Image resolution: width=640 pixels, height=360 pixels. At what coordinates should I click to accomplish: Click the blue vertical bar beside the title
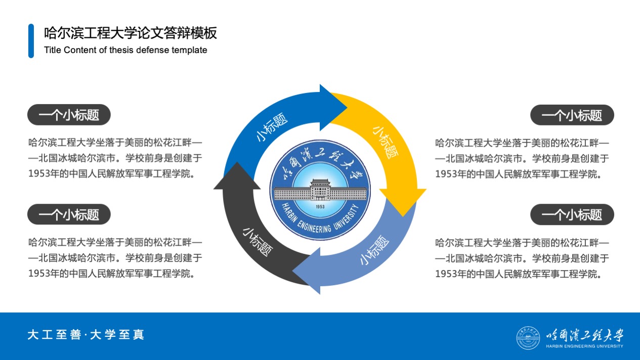click(x=31, y=41)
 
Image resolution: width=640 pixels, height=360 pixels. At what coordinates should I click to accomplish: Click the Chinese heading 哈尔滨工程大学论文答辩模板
click(x=131, y=33)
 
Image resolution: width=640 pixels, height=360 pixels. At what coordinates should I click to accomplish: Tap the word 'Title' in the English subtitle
click(x=53, y=50)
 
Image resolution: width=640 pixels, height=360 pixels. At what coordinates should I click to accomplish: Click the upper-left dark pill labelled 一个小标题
click(x=69, y=115)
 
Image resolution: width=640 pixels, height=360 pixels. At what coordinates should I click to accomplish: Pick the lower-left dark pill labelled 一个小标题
click(x=69, y=214)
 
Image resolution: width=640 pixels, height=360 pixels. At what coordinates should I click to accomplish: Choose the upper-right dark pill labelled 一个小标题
click(x=572, y=115)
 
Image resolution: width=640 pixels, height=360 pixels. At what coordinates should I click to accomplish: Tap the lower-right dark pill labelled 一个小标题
click(x=572, y=214)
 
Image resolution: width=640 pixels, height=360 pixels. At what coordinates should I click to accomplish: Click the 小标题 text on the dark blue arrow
click(x=271, y=127)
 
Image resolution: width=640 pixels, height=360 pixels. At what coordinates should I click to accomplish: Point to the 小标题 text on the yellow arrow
click(x=386, y=143)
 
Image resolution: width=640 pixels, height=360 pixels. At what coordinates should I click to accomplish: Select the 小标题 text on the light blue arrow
click(x=374, y=250)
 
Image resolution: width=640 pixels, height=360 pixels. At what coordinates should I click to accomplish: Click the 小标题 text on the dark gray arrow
click(x=258, y=242)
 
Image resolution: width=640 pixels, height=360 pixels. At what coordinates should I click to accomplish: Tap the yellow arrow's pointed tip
click(x=403, y=216)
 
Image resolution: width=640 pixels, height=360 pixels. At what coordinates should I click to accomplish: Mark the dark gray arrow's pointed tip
click(x=237, y=162)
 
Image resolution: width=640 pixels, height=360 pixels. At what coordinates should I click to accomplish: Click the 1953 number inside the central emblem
click(x=320, y=206)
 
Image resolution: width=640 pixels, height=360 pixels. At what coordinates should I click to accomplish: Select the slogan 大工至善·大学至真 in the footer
click(x=86, y=335)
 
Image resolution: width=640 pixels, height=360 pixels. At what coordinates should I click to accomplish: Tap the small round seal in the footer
click(x=528, y=338)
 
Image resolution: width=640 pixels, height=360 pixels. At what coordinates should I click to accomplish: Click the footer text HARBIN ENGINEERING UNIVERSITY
click(x=584, y=346)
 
